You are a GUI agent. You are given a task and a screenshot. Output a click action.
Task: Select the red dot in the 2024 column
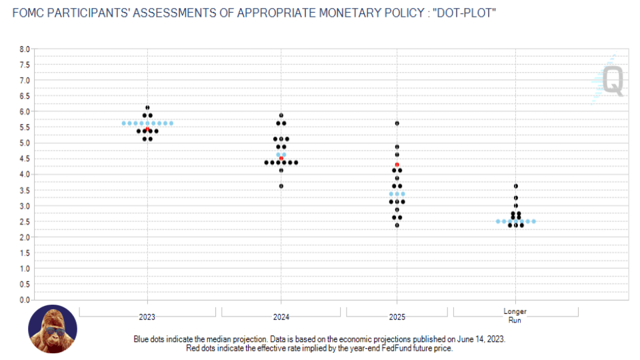coord(281,158)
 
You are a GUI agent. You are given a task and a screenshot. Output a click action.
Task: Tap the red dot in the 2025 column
coord(397,164)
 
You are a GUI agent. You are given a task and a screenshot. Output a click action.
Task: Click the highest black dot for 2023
coord(147,107)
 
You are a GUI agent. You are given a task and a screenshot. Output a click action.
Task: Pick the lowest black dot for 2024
coord(281,186)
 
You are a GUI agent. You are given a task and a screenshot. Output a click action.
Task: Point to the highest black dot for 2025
coord(397,123)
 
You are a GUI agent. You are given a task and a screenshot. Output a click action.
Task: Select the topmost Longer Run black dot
coord(516,186)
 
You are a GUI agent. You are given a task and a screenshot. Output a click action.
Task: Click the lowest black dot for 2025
coord(397,225)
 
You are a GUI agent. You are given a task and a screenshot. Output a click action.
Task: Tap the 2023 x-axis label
coord(147,317)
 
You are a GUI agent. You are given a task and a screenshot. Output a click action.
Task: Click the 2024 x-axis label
coord(281,317)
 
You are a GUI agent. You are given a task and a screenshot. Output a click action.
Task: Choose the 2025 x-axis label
coord(397,317)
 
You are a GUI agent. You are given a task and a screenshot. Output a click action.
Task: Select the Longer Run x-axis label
coord(515,315)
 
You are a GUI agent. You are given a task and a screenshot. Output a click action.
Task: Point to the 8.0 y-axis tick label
coord(25,49)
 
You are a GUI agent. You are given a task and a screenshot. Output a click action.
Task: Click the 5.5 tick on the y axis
coord(25,127)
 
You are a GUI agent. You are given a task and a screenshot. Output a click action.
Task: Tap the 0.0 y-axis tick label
coord(25,300)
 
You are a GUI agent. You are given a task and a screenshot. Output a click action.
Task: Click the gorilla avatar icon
coord(53,329)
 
